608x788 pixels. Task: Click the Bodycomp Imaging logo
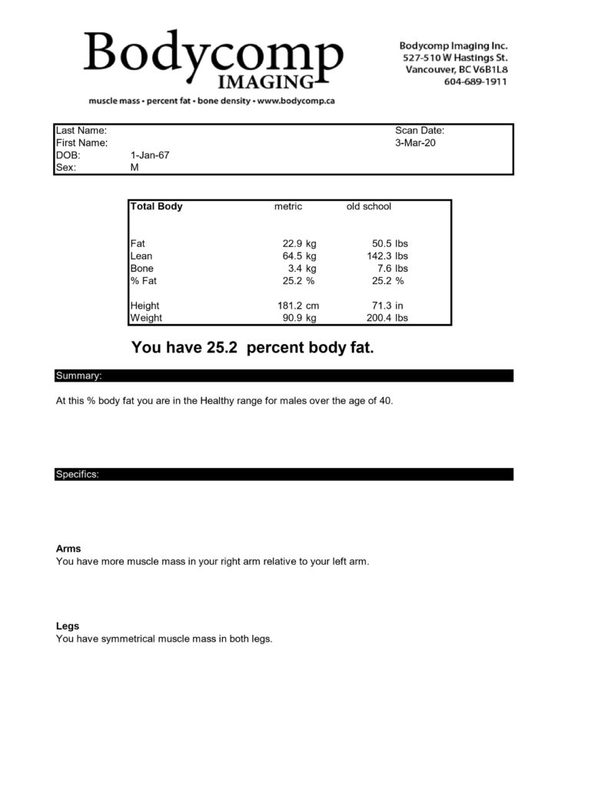coord(214,59)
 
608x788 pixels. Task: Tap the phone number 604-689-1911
coord(475,82)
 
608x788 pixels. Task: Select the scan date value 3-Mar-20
coord(415,143)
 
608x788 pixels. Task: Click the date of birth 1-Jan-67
coord(150,155)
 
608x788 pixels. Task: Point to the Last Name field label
coord(81,131)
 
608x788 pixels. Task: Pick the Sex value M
coord(135,168)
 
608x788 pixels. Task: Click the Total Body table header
coord(157,206)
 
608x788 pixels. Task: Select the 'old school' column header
coord(369,206)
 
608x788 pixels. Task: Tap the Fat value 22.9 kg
coord(299,243)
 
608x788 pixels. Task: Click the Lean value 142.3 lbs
coord(387,255)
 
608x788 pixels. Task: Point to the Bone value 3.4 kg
coord(302,268)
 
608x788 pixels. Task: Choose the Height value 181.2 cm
coord(297,306)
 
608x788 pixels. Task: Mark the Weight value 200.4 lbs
coord(387,318)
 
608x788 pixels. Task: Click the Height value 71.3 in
coord(387,306)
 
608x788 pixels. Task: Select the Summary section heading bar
coord(284,376)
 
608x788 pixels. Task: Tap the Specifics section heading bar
coord(284,474)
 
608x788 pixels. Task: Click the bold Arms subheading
coord(68,549)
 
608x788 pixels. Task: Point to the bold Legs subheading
coord(68,626)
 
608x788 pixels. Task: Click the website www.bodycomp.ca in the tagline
coord(295,101)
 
